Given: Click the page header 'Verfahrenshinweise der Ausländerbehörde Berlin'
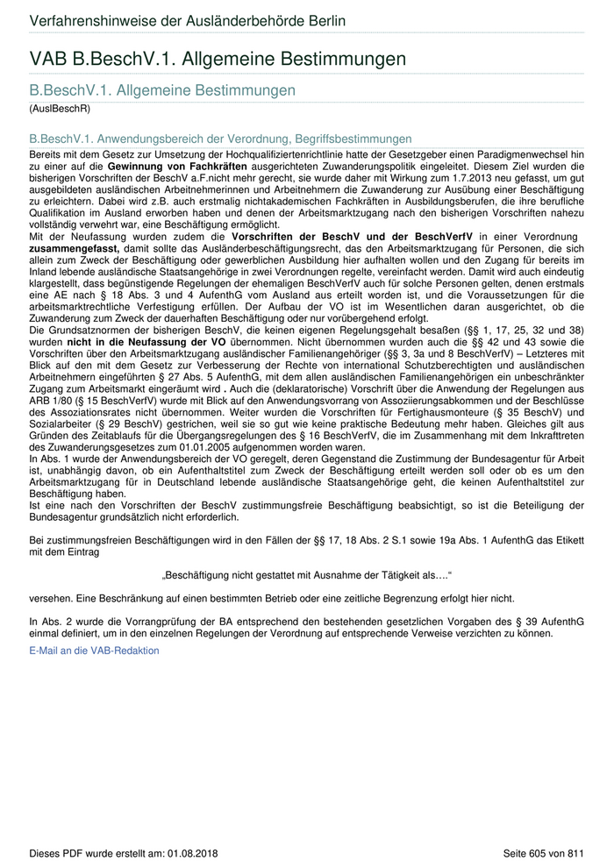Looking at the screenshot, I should pos(188,21).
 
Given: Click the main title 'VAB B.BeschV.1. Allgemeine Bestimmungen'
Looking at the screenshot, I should pos(218,60).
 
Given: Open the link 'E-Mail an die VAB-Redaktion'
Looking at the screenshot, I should pos(95,651).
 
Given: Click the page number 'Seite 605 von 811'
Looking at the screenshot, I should pos(543,853).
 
